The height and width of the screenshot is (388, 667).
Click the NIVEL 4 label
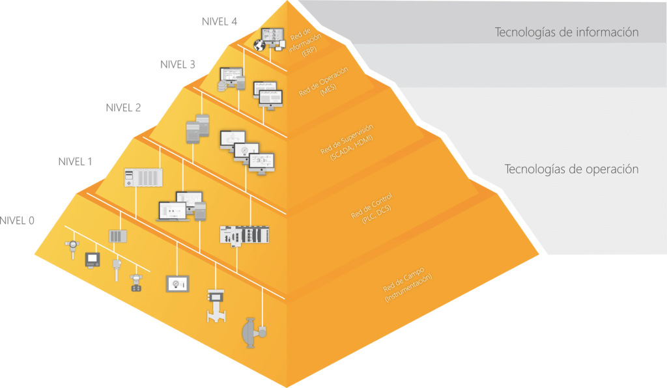pyautogui.click(x=220, y=21)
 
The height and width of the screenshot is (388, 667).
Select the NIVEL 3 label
pyautogui.click(x=177, y=64)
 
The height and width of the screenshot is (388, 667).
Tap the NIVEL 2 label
pyautogui.click(x=123, y=107)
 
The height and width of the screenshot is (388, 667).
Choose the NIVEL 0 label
pyautogui.click(x=17, y=220)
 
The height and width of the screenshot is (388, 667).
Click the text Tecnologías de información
pyautogui.click(x=566, y=32)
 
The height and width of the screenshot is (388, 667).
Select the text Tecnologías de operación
pyautogui.click(x=571, y=169)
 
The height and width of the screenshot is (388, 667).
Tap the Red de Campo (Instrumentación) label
pyautogui.click(x=407, y=283)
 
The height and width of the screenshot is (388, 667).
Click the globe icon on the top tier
pyautogui.click(x=261, y=46)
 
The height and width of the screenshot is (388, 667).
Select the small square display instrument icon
pyautogui.click(x=91, y=260)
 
